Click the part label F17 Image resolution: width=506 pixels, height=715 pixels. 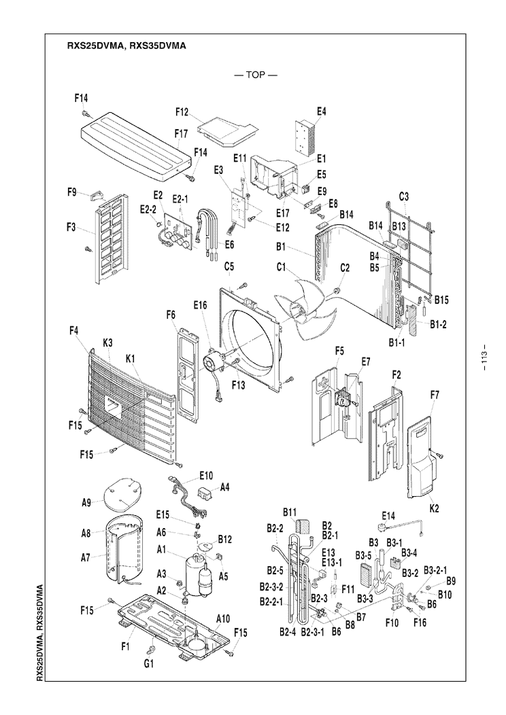[x=180, y=134]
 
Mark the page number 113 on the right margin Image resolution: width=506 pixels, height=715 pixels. [x=485, y=358]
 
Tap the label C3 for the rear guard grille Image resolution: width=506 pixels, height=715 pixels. [x=403, y=197]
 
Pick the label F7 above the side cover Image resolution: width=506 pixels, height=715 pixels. [x=435, y=394]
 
